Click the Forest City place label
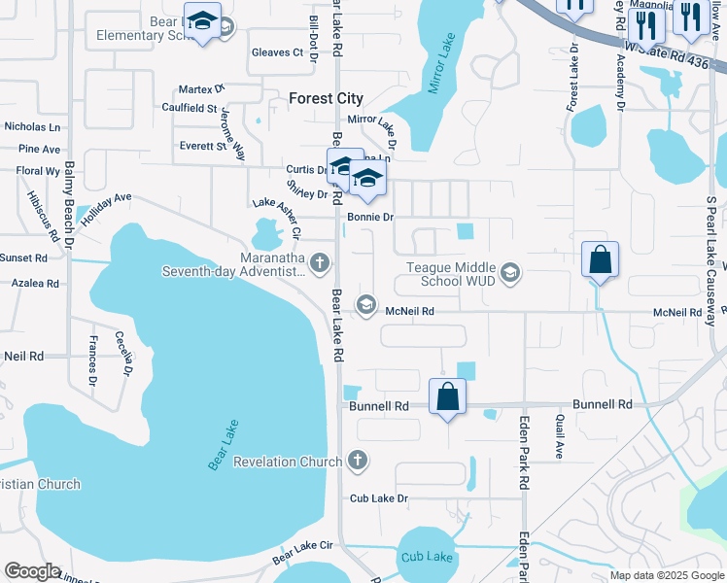click(x=327, y=98)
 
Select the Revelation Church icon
click(x=358, y=461)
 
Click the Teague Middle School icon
click(x=511, y=273)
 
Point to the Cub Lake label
click(x=428, y=557)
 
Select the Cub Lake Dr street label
click(x=380, y=498)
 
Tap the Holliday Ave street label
click(x=106, y=208)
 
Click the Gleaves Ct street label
click(x=277, y=52)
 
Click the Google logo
click(x=32, y=571)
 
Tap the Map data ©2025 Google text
click(x=666, y=575)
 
